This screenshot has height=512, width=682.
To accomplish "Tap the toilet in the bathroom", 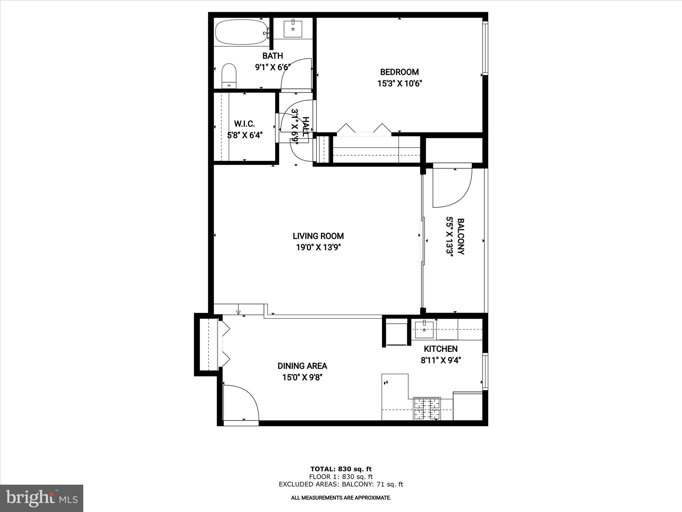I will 229,75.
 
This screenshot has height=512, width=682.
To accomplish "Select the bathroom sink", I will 293,29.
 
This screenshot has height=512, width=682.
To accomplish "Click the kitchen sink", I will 424,329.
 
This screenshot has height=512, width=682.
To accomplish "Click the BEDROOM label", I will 399,72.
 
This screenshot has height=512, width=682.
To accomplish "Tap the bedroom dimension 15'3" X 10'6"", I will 399,83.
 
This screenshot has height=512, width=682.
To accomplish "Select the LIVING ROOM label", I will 318,236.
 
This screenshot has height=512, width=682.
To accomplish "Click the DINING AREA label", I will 302,366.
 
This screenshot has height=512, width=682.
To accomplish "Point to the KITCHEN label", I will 440,349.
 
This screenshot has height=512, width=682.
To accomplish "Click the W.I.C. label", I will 244,124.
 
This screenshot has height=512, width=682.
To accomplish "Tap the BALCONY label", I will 461,236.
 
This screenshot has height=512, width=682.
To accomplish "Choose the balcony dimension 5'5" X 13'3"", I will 450,237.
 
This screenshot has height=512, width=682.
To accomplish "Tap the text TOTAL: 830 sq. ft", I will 341,469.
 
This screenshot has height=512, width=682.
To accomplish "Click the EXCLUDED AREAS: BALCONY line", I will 341,484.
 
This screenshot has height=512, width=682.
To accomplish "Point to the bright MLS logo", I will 42,498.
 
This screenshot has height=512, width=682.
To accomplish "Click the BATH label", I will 272,56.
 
